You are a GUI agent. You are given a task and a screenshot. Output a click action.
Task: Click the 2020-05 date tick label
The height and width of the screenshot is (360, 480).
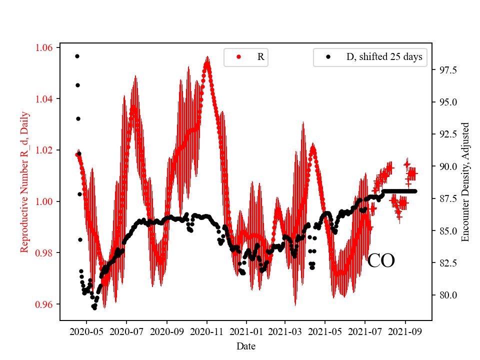[x=86, y=331]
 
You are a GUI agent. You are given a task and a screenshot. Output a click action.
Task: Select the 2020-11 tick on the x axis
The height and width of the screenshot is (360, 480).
[x=206, y=331]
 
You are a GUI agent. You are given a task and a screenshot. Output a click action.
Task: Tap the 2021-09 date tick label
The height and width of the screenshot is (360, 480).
[x=405, y=331]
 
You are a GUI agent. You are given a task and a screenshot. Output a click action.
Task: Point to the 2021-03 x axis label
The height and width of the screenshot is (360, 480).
[x=285, y=331]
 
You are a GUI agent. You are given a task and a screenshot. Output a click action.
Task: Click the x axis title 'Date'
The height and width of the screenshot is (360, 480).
[x=246, y=345]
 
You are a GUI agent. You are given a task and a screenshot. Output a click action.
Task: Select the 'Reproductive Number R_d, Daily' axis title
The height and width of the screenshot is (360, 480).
[x=24, y=182]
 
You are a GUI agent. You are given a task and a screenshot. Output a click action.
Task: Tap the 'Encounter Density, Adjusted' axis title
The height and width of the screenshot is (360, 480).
[x=465, y=182]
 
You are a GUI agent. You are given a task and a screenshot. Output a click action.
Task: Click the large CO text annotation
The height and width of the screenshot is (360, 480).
[x=381, y=261]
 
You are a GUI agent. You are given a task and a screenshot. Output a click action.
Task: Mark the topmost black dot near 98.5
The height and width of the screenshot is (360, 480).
[x=77, y=56]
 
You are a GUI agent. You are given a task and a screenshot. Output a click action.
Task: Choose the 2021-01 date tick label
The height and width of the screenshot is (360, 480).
[x=246, y=331]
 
